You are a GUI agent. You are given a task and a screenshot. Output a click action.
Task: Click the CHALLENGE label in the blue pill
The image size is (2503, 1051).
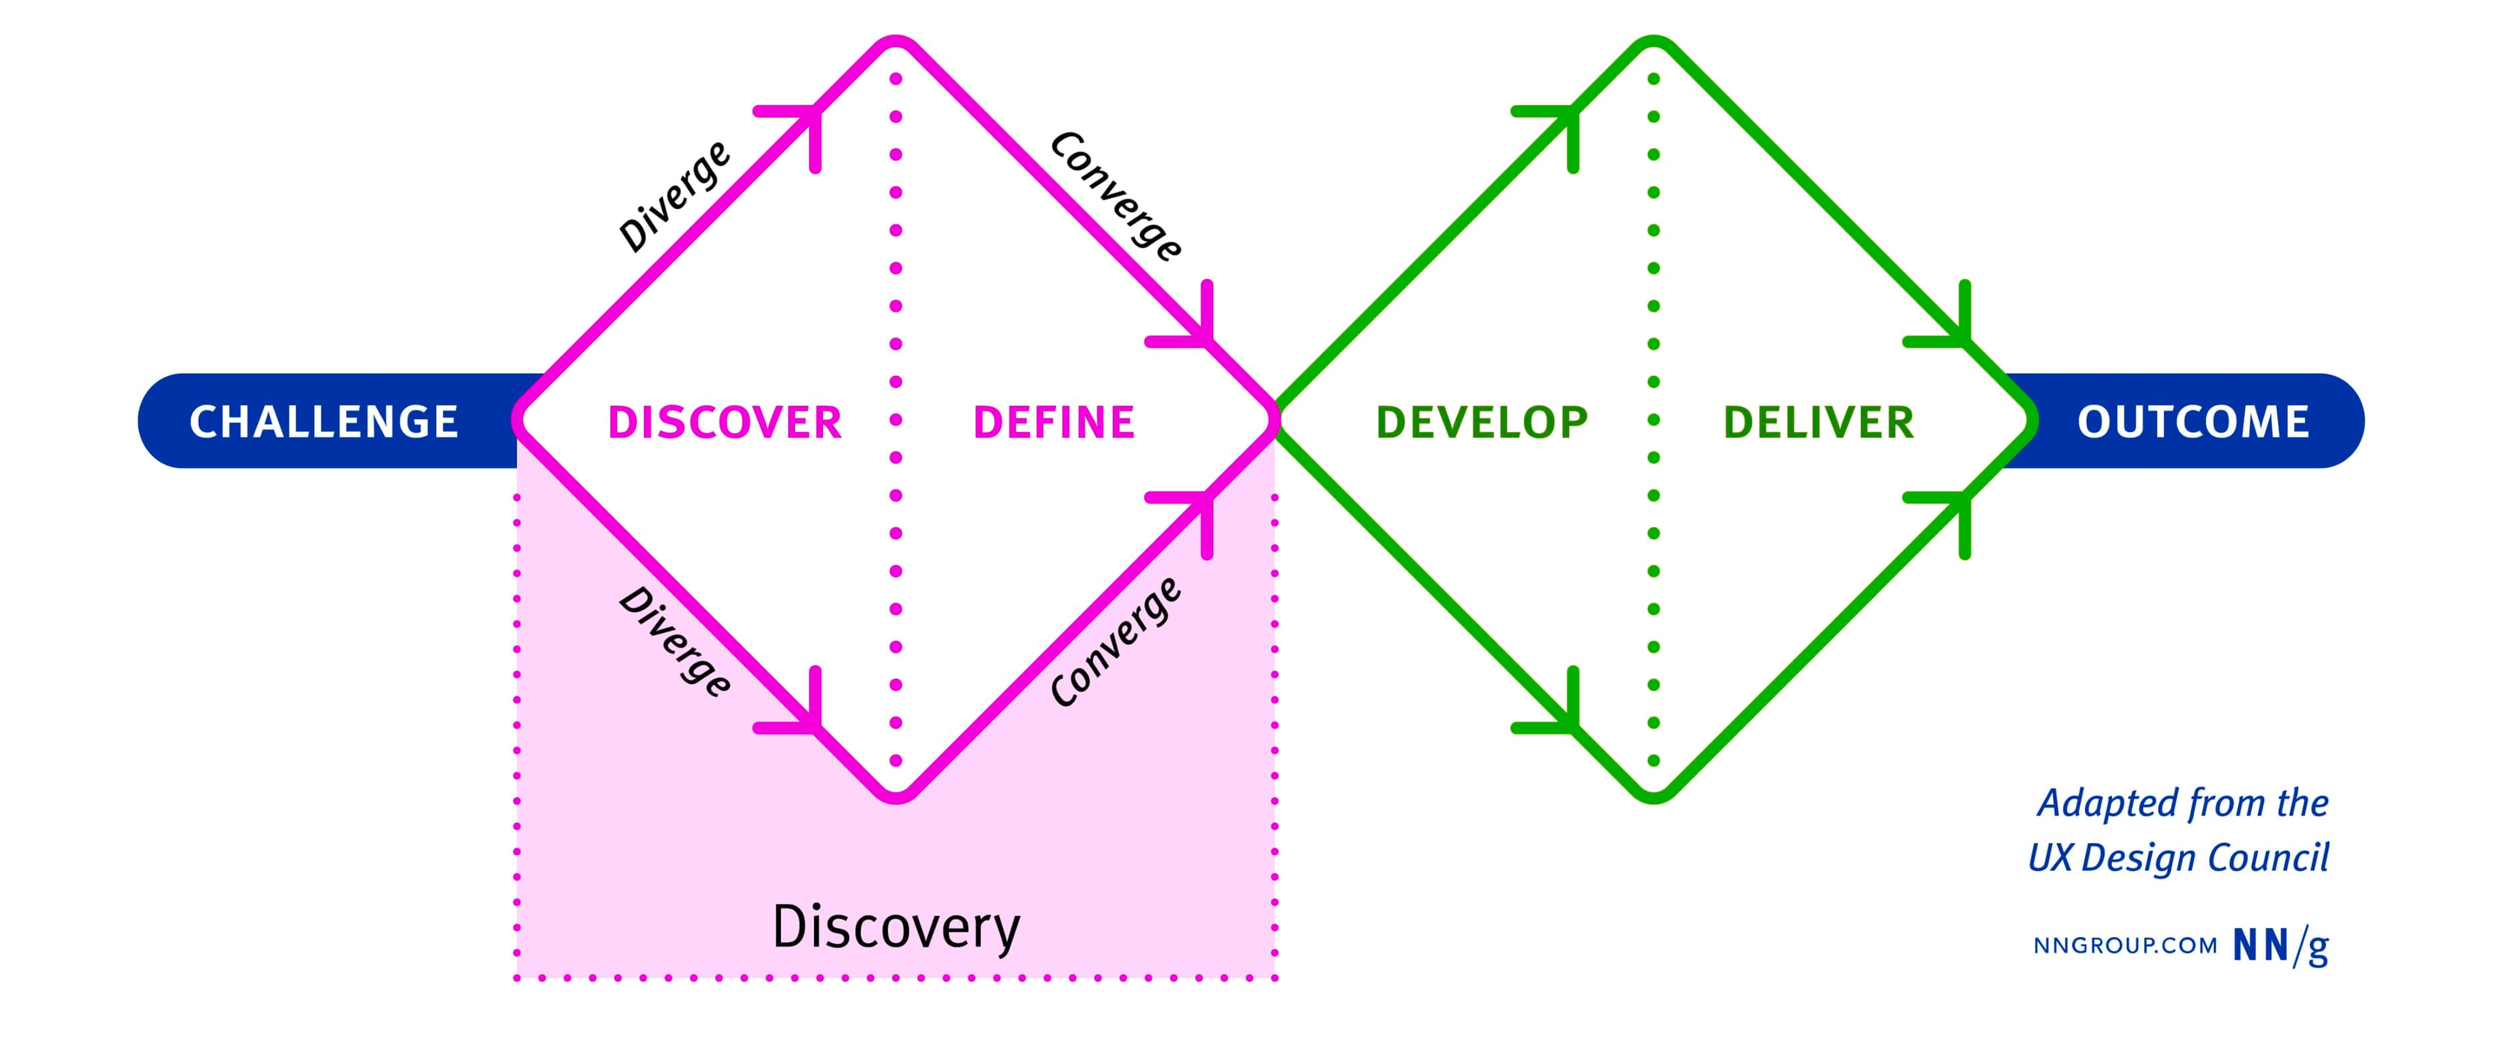pyautogui.click(x=323, y=422)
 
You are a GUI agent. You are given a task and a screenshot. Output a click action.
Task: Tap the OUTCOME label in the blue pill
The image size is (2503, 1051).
pyautogui.click(x=2193, y=422)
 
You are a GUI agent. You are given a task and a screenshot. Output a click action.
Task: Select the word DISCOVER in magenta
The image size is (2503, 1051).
pyautogui.click(x=724, y=422)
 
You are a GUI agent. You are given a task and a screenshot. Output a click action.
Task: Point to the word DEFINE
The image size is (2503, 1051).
pyautogui.click(x=1054, y=422)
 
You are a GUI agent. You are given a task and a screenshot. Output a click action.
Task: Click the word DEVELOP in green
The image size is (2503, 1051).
pyautogui.click(x=1482, y=422)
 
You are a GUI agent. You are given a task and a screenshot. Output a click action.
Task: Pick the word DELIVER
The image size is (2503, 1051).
pyautogui.click(x=1818, y=422)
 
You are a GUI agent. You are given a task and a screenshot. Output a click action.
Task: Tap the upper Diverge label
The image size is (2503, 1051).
pyautogui.click(x=675, y=196)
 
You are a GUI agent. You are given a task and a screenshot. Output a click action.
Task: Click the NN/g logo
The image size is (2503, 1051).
pyautogui.click(x=2281, y=945)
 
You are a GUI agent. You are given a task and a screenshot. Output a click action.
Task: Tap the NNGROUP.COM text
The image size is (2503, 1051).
pyautogui.click(x=2125, y=946)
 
